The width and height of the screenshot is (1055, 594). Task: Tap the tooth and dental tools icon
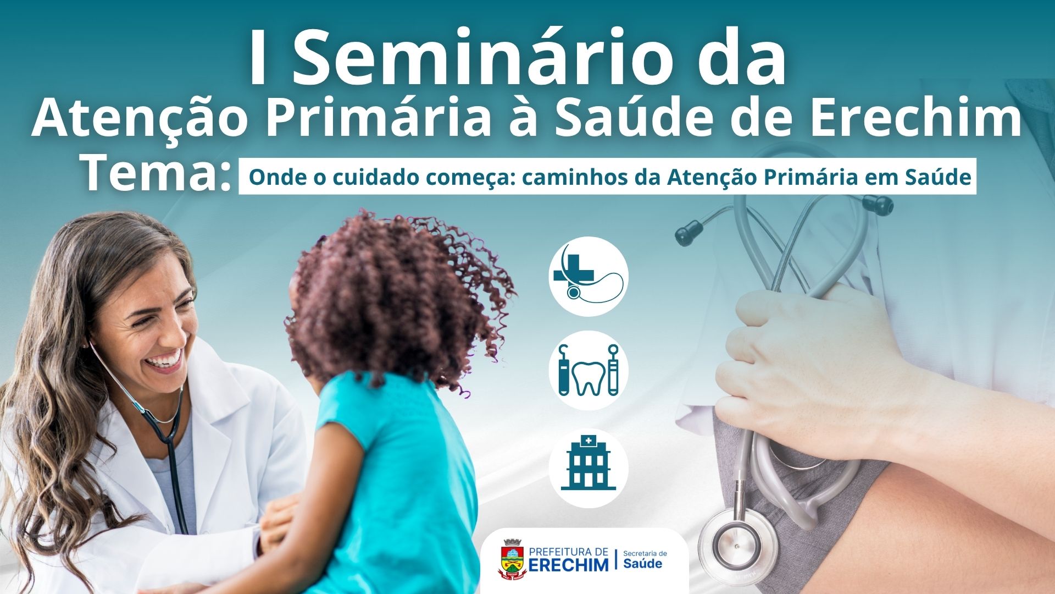(588, 370)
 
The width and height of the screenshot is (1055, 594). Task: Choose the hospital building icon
(588, 468)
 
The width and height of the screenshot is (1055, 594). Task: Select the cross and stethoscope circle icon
(588, 276)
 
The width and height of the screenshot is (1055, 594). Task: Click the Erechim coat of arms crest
(512, 559)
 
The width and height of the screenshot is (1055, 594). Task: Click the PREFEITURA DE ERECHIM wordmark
(569, 559)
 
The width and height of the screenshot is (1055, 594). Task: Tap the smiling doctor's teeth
(165, 360)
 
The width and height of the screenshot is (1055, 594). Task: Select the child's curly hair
(396, 297)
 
